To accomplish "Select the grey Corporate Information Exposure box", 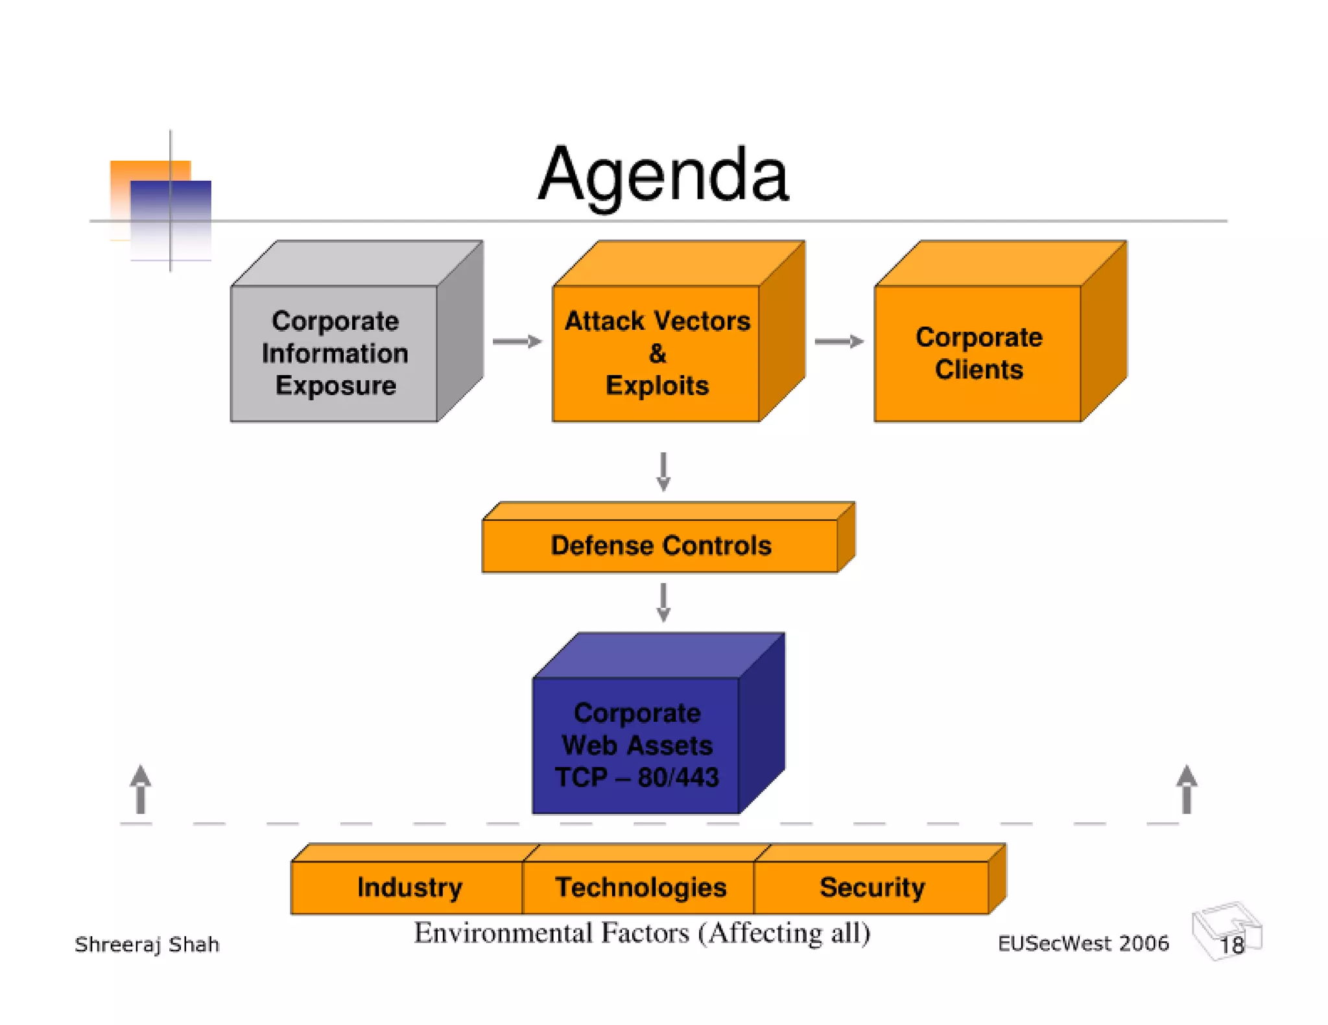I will click(x=335, y=353).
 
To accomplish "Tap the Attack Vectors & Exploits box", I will click(x=656, y=353).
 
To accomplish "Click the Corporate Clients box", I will click(x=978, y=353).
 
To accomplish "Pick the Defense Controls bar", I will click(x=660, y=546).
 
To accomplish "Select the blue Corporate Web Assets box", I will click(x=636, y=745).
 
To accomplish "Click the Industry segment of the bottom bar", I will click(x=409, y=887).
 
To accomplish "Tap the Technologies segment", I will click(x=640, y=887).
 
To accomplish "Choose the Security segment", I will click(x=871, y=887).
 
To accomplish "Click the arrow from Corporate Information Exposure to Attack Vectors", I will click(x=517, y=341).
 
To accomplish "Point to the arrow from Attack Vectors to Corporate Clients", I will click(x=838, y=341).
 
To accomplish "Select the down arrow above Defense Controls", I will click(x=663, y=472).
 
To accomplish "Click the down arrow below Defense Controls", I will click(x=663, y=602).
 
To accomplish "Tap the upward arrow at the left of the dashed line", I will click(x=141, y=789).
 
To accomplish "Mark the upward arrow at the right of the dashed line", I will click(x=1186, y=789).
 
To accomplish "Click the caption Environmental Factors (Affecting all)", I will click(x=642, y=934).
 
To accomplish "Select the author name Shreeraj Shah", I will click(x=147, y=945).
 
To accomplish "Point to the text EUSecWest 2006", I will click(x=1082, y=943).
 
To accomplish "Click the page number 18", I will click(x=1231, y=945).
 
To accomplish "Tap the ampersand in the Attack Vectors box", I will click(x=657, y=354).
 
